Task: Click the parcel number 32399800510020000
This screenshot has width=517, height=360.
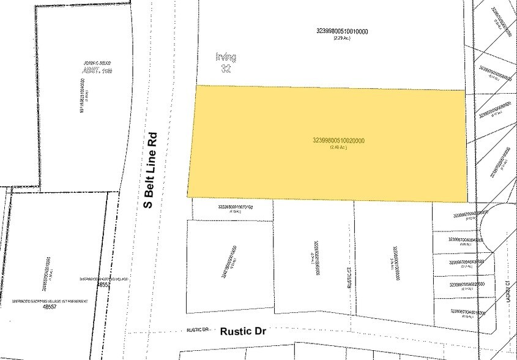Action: tap(338, 140)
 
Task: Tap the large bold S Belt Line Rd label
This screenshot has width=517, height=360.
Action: tap(150, 170)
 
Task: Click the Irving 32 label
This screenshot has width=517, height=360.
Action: tap(226, 62)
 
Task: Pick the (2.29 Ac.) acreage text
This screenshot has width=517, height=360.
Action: tap(341, 39)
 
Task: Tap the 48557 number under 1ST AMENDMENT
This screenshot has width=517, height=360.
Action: tap(45, 307)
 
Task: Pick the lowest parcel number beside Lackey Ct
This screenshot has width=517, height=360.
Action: tap(468, 313)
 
